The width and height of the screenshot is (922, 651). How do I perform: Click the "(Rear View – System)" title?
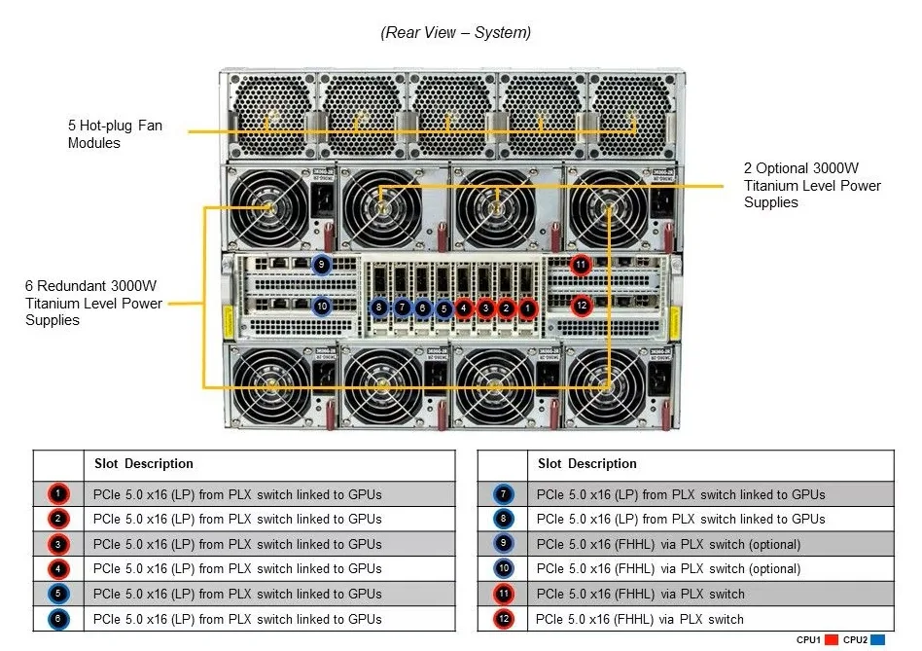456,32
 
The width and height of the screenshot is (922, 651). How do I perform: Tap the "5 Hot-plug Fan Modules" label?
115,134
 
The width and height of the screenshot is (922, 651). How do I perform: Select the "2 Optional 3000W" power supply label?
812,185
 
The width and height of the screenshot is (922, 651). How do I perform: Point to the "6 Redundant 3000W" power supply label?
93,303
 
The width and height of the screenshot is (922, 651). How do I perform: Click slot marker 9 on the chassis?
321,265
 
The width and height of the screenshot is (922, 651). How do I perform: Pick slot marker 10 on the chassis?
322,306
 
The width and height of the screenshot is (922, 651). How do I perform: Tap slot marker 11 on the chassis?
581,265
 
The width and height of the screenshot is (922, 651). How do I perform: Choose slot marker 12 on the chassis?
582,306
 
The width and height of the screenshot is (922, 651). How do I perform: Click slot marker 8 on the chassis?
379,307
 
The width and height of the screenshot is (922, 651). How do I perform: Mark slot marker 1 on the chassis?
527,307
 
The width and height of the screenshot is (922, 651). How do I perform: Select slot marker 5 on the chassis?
443,308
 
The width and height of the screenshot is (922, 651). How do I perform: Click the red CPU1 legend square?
831,640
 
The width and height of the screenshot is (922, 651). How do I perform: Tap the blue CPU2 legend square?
878,640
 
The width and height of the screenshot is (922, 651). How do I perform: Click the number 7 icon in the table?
504,494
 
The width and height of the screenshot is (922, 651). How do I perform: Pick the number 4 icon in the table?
58,568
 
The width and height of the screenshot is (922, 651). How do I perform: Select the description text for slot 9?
668,544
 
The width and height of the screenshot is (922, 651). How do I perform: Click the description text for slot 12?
640,619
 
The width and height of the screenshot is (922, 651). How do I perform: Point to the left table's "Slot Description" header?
144,463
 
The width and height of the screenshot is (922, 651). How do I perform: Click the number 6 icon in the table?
58,619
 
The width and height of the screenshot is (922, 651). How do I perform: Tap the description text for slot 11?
640,594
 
